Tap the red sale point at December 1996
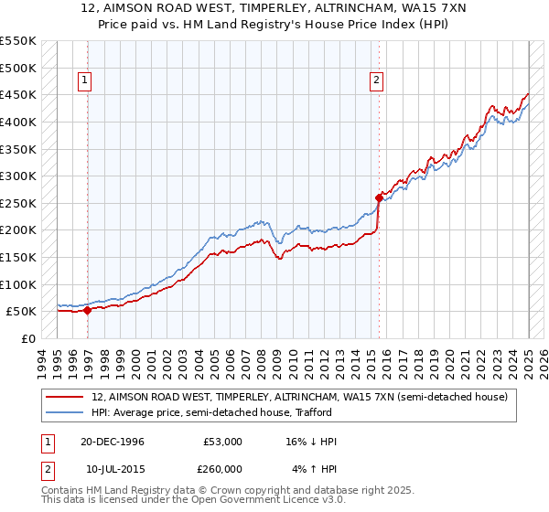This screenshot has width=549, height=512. point(88,310)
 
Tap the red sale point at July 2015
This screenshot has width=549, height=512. point(379,197)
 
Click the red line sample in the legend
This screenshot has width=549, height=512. point(65,397)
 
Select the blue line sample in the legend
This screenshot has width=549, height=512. point(65,412)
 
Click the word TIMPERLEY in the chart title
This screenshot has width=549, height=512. point(227,10)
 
